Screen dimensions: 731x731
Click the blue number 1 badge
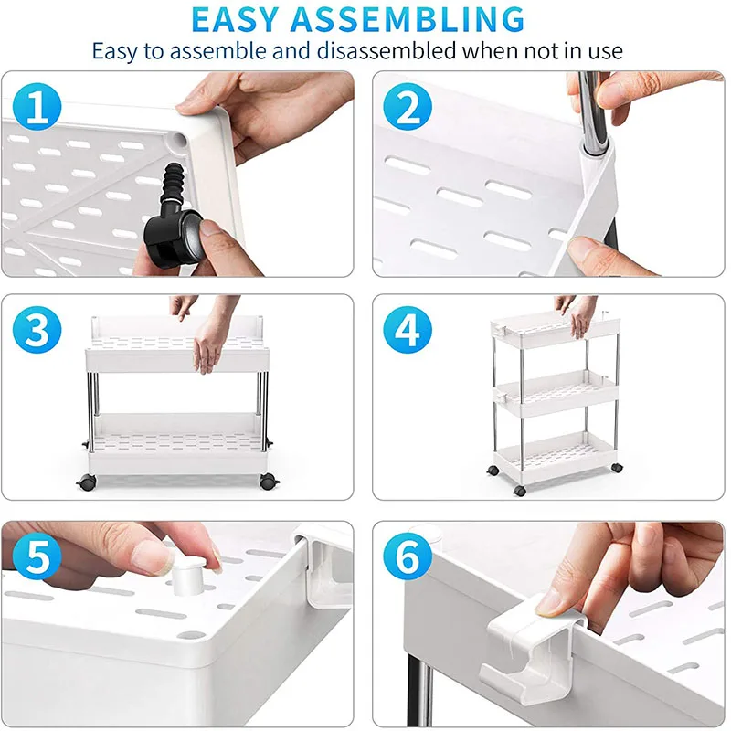[37, 106]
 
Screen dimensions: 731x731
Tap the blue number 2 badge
[408, 106]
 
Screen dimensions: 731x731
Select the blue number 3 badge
[37, 330]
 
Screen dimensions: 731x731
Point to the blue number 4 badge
[408, 330]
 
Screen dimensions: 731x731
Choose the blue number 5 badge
[37, 556]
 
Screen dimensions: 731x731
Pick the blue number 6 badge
[408, 556]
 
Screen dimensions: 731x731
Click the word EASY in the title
[235, 20]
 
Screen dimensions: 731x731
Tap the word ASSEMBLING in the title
[408, 20]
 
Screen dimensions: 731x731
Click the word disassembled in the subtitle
[387, 50]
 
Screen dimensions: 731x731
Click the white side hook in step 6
[532, 652]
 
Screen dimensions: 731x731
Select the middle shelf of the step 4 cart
[556, 393]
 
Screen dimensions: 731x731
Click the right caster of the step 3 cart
[268, 481]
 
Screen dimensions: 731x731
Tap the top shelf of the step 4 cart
[555, 329]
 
